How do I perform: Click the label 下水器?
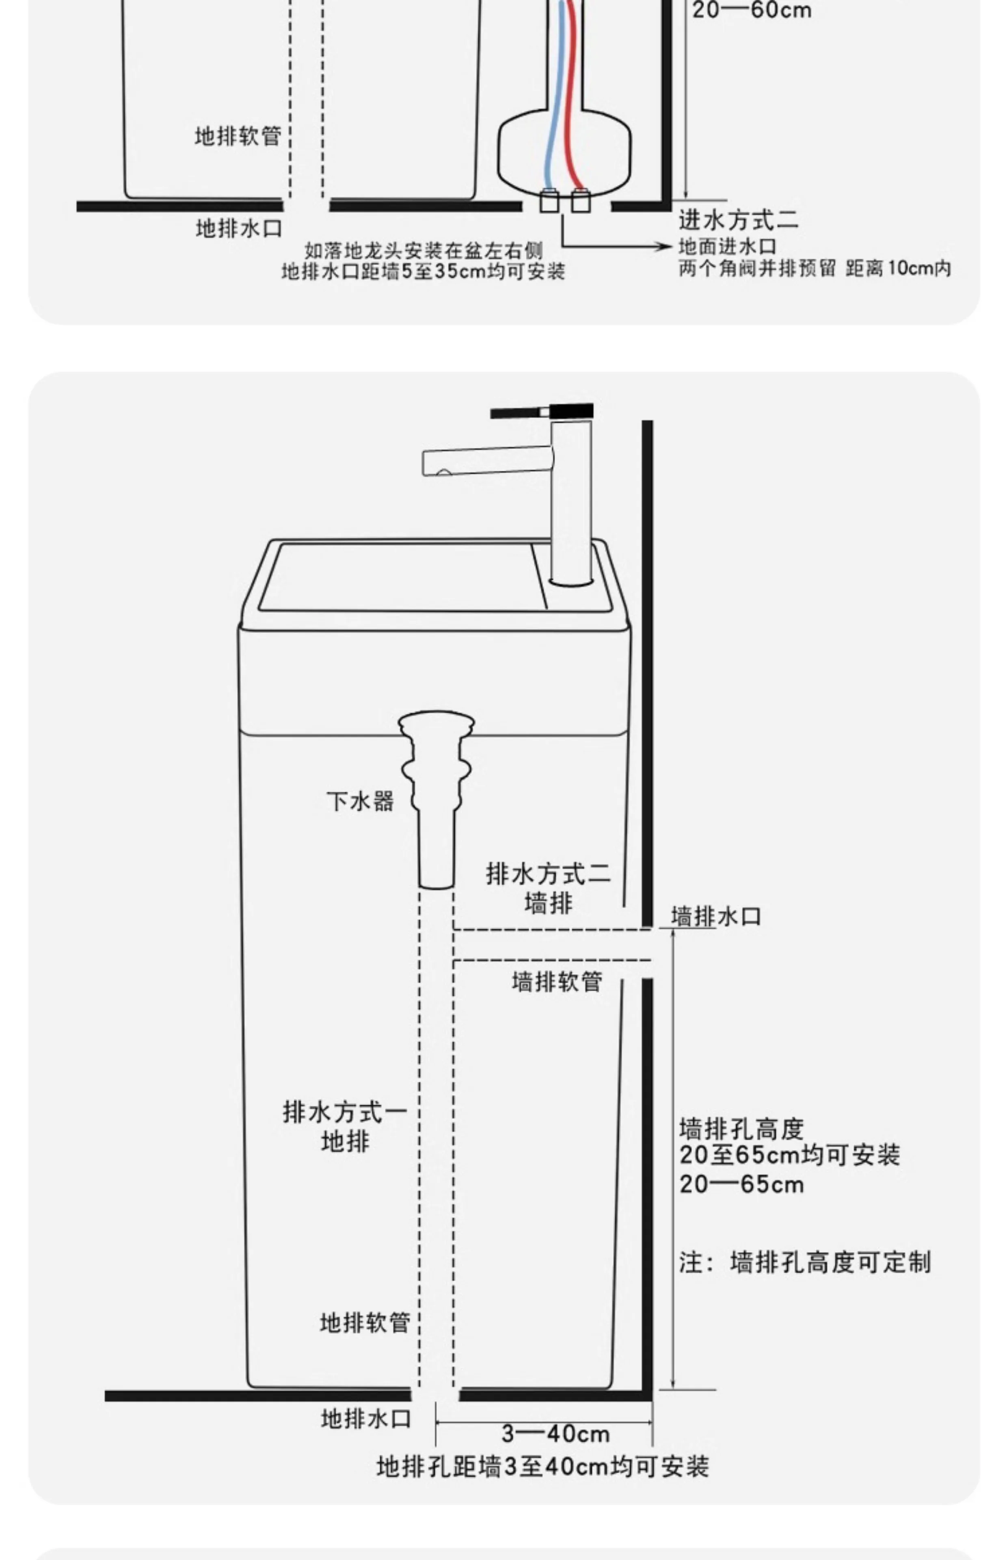pos(360,801)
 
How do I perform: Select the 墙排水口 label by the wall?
pos(716,916)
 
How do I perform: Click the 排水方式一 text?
pos(345,1112)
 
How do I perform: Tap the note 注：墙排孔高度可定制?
pos(804,1262)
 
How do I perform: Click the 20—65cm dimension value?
pos(741,1184)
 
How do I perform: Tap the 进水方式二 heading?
pos(738,220)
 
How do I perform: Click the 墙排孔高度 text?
pos(741,1129)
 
